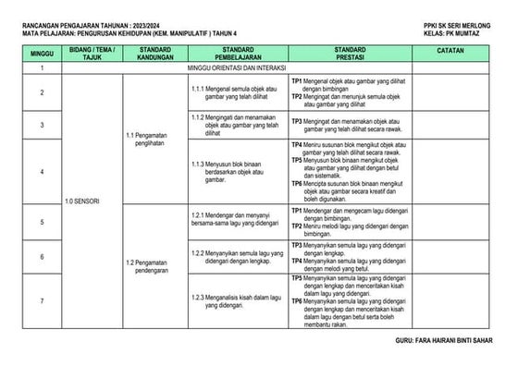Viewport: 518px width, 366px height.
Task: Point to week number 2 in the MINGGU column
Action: (x=42, y=92)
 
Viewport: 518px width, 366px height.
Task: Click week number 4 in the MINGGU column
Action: (x=42, y=172)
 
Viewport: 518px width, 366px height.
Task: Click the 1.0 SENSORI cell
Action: (x=82, y=201)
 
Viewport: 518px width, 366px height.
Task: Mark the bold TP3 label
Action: (x=298, y=120)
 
